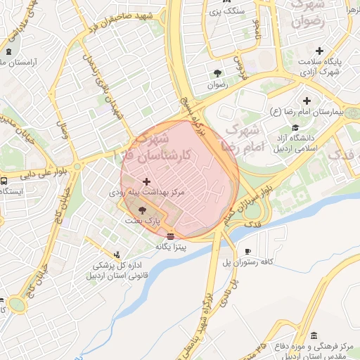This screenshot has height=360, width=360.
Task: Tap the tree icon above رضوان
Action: click(217, 73)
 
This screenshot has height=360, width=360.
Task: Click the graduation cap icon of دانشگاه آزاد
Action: click(307, 127)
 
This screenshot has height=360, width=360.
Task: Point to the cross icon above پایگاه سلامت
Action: click(320, 51)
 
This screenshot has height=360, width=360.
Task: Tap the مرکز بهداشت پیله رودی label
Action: click(146, 191)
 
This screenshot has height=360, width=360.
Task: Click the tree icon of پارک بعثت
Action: click(143, 210)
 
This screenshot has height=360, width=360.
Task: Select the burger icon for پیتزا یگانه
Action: click(170, 236)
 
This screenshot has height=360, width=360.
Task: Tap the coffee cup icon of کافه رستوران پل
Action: click(247, 251)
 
